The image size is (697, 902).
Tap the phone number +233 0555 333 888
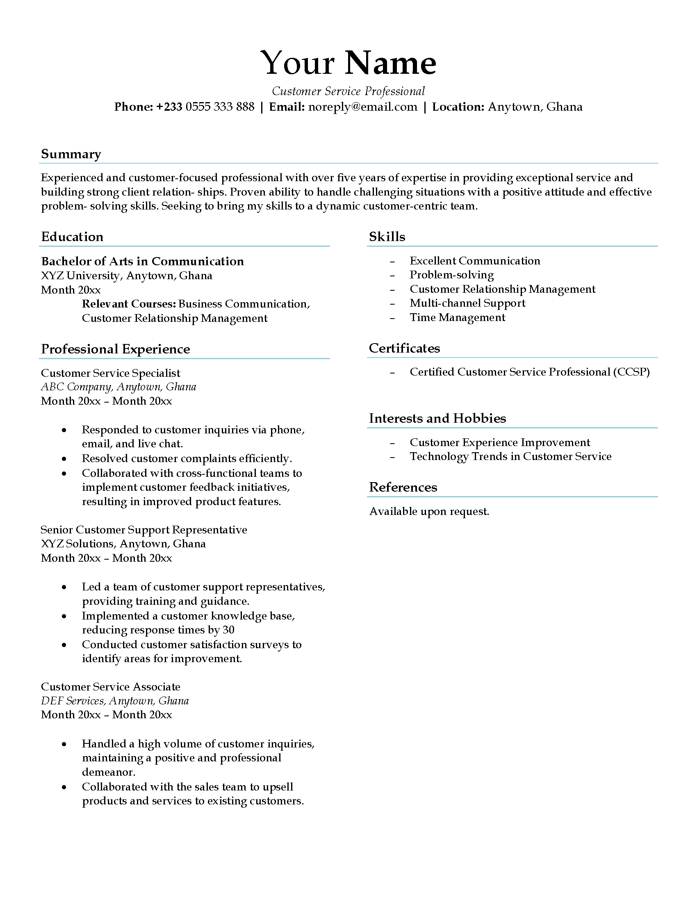click(x=205, y=107)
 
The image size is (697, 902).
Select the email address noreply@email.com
click(x=362, y=107)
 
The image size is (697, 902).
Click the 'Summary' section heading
click(x=71, y=154)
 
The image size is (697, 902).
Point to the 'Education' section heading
click(x=72, y=237)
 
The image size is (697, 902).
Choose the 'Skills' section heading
click(x=387, y=237)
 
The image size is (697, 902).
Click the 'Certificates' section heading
click(x=404, y=348)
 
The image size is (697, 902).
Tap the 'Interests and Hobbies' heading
click(x=437, y=418)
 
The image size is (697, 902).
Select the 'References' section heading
click(x=403, y=487)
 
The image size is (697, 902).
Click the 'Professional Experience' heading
click(x=116, y=349)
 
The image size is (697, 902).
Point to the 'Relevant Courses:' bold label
click(x=129, y=304)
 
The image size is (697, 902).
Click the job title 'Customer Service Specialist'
click(x=111, y=373)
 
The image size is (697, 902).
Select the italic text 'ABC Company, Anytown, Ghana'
click(x=118, y=387)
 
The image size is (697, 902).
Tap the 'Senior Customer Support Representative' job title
click(x=144, y=530)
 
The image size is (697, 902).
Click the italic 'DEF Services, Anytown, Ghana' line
click(x=115, y=701)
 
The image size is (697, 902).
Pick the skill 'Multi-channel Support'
click(x=467, y=303)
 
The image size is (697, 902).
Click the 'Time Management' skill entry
click(x=458, y=317)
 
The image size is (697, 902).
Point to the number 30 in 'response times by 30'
click(x=228, y=630)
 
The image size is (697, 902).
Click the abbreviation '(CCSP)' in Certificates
click(x=631, y=372)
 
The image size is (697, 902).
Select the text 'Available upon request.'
click(x=429, y=511)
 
